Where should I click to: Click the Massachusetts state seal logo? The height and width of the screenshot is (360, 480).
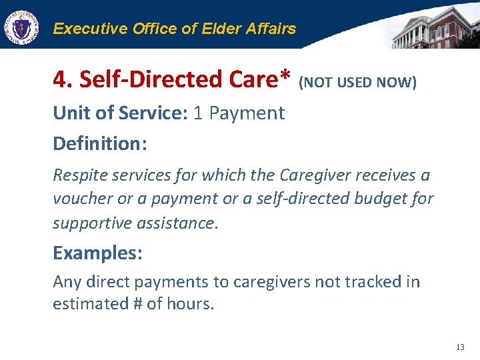(21, 27)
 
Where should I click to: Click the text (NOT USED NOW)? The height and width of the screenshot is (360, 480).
(357, 83)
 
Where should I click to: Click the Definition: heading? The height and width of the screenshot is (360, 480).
(99, 143)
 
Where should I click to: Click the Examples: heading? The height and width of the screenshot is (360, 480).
(98, 253)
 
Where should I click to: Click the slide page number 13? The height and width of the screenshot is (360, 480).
(460, 347)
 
